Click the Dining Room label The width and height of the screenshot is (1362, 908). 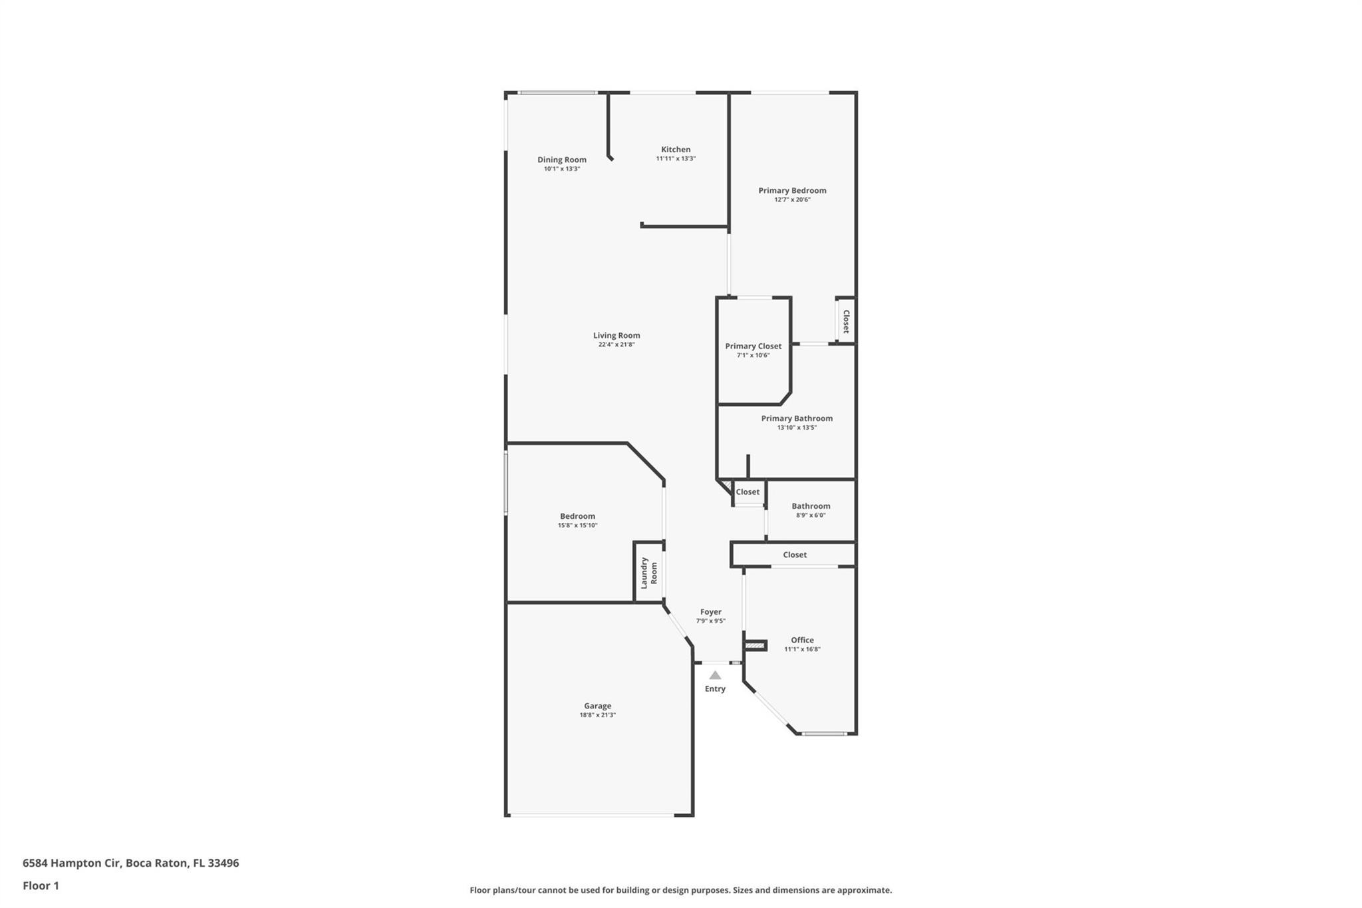point(562,160)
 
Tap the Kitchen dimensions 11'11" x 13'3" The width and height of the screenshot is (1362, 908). point(676,159)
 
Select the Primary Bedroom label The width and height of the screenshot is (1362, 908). point(792,190)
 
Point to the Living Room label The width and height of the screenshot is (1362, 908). point(616,335)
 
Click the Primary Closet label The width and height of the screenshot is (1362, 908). point(753,346)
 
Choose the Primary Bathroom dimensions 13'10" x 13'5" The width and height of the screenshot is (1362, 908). point(797,428)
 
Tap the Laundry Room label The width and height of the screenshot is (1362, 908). point(648,573)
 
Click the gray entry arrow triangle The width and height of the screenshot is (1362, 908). point(715,675)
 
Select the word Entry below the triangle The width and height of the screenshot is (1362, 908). point(715,689)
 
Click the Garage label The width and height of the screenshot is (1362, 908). point(597,706)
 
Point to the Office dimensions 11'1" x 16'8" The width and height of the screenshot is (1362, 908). point(802,649)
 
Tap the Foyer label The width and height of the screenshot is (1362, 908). point(710,612)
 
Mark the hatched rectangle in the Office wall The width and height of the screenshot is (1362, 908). point(754,645)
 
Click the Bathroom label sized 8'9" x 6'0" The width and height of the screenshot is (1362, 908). point(811,506)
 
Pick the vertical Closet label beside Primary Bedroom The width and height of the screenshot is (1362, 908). point(846,321)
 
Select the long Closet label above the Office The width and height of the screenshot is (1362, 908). point(795,555)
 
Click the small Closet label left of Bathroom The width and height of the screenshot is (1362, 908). point(748,492)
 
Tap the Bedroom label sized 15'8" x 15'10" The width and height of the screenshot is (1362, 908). point(577,516)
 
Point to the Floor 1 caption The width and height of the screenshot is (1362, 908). point(41,885)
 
